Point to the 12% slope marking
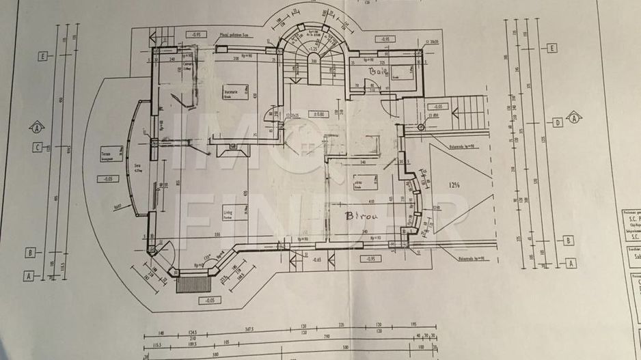(455, 184)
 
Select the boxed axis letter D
(558, 122)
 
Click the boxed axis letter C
(38, 146)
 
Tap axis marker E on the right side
(552, 48)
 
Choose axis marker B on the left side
(31, 252)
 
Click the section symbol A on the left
(36, 126)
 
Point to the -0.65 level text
(316, 260)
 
